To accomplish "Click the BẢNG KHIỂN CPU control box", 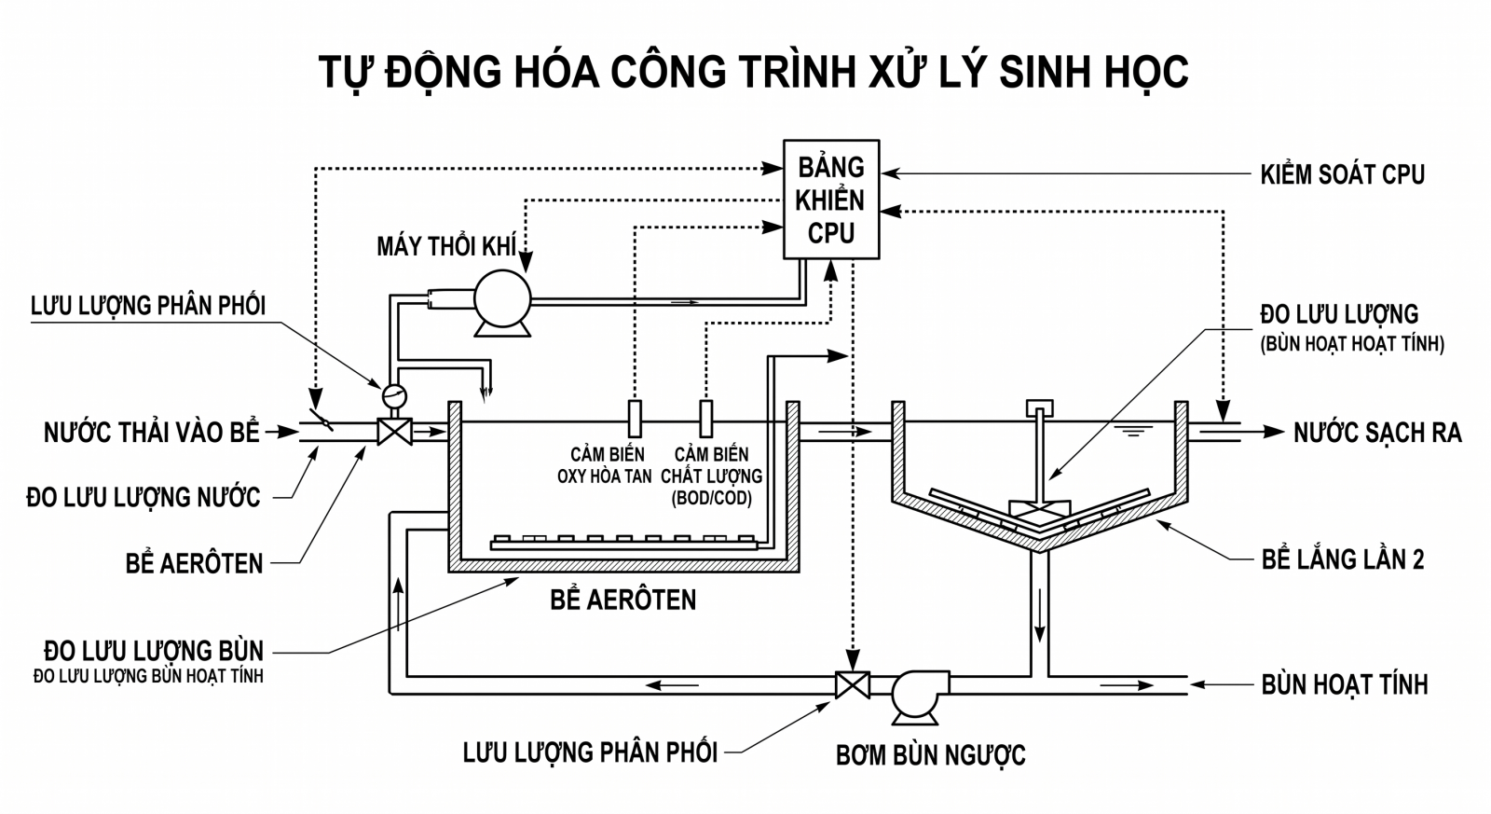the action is tap(831, 200).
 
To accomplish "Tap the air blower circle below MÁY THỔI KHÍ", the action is tap(502, 299).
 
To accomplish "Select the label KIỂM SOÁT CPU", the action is tap(1343, 173).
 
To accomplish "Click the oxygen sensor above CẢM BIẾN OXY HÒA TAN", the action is tap(635, 419).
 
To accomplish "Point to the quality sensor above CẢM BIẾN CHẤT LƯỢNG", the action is tap(706, 419).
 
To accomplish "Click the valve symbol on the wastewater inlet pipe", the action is tap(395, 433).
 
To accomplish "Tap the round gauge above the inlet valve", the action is tap(394, 396).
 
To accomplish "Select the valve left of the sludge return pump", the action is tap(853, 684).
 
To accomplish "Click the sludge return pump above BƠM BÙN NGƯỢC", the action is tap(917, 694).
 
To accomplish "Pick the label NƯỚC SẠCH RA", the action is tap(1378, 433).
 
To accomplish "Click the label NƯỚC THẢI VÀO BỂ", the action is tap(152, 433).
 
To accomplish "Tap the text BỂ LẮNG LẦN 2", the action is tap(1343, 559).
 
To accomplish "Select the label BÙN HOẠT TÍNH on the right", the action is tap(1345, 684).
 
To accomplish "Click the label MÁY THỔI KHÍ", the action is tap(446, 246).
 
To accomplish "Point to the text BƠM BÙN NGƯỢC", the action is tap(931, 755).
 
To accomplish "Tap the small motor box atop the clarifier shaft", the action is tap(1040, 407).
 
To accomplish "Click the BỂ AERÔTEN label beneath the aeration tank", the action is tap(623, 600).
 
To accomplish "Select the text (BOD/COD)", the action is tap(712, 498).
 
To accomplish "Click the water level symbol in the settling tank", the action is tap(1133, 430).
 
